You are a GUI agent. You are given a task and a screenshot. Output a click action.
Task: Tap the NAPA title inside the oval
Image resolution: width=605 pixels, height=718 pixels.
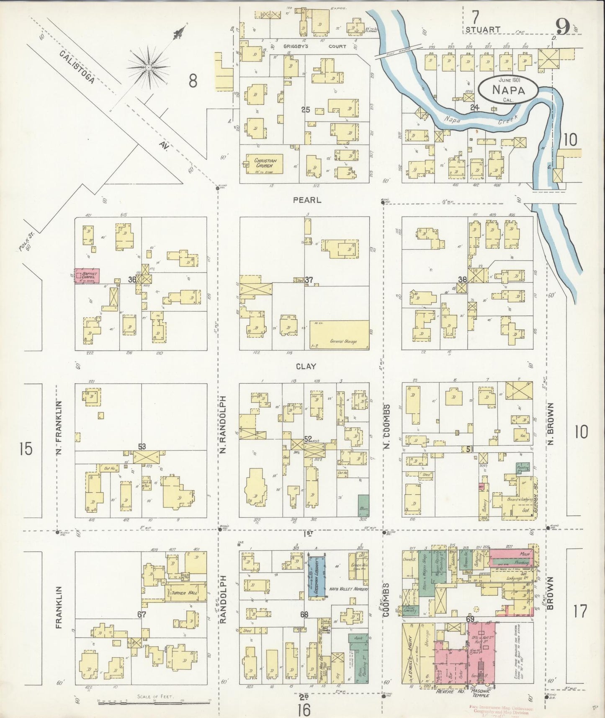coord(509,89)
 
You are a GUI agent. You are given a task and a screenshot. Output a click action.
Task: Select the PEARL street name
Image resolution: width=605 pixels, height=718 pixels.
coord(307,200)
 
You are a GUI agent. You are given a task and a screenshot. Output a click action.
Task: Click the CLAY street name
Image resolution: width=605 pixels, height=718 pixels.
coord(306,367)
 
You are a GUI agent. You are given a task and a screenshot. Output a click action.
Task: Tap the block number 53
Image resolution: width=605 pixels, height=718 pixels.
coord(142,447)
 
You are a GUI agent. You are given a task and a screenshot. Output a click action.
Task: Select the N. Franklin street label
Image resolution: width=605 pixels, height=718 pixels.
coord(59,427)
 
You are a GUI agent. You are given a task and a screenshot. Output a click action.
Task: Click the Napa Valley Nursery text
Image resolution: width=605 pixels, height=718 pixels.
coord(348,589)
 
